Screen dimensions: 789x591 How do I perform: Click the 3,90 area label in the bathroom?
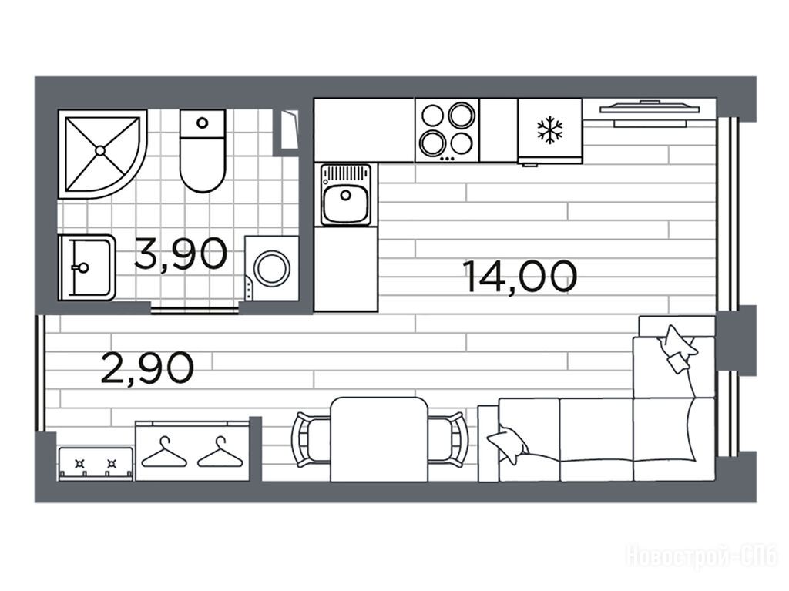(x=181, y=254)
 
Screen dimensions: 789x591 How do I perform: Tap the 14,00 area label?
(x=521, y=277)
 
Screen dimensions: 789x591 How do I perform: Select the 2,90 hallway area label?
(x=147, y=368)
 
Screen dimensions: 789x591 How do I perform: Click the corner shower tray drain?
(x=99, y=150)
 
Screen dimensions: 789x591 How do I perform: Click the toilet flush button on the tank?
(x=203, y=123)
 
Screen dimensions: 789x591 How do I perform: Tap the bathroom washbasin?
(x=86, y=267)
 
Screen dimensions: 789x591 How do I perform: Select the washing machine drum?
(x=272, y=267)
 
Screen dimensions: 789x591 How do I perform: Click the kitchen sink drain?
(x=346, y=195)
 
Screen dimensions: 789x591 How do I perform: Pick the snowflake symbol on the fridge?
(x=549, y=129)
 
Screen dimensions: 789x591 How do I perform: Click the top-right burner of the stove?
(x=462, y=116)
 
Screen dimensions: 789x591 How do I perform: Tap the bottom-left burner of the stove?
(x=433, y=143)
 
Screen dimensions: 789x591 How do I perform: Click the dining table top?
(x=380, y=439)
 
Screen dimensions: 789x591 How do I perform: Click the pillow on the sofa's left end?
(x=507, y=445)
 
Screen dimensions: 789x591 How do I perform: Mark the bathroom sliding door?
(x=195, y=310)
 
